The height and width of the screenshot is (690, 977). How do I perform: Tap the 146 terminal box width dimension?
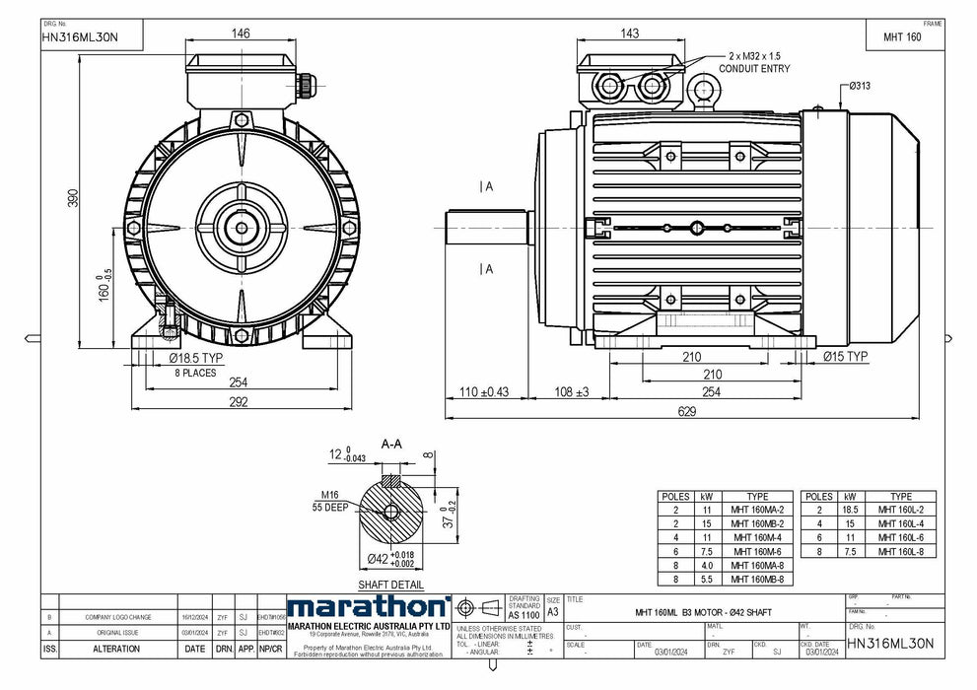click(241, 34)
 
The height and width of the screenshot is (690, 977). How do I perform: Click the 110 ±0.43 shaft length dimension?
click(482, 392)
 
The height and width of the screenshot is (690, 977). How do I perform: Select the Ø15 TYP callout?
click(844, 357)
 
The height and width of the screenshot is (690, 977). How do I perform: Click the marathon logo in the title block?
click(368, 607)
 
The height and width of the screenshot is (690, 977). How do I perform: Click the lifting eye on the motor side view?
click(705, 91)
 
